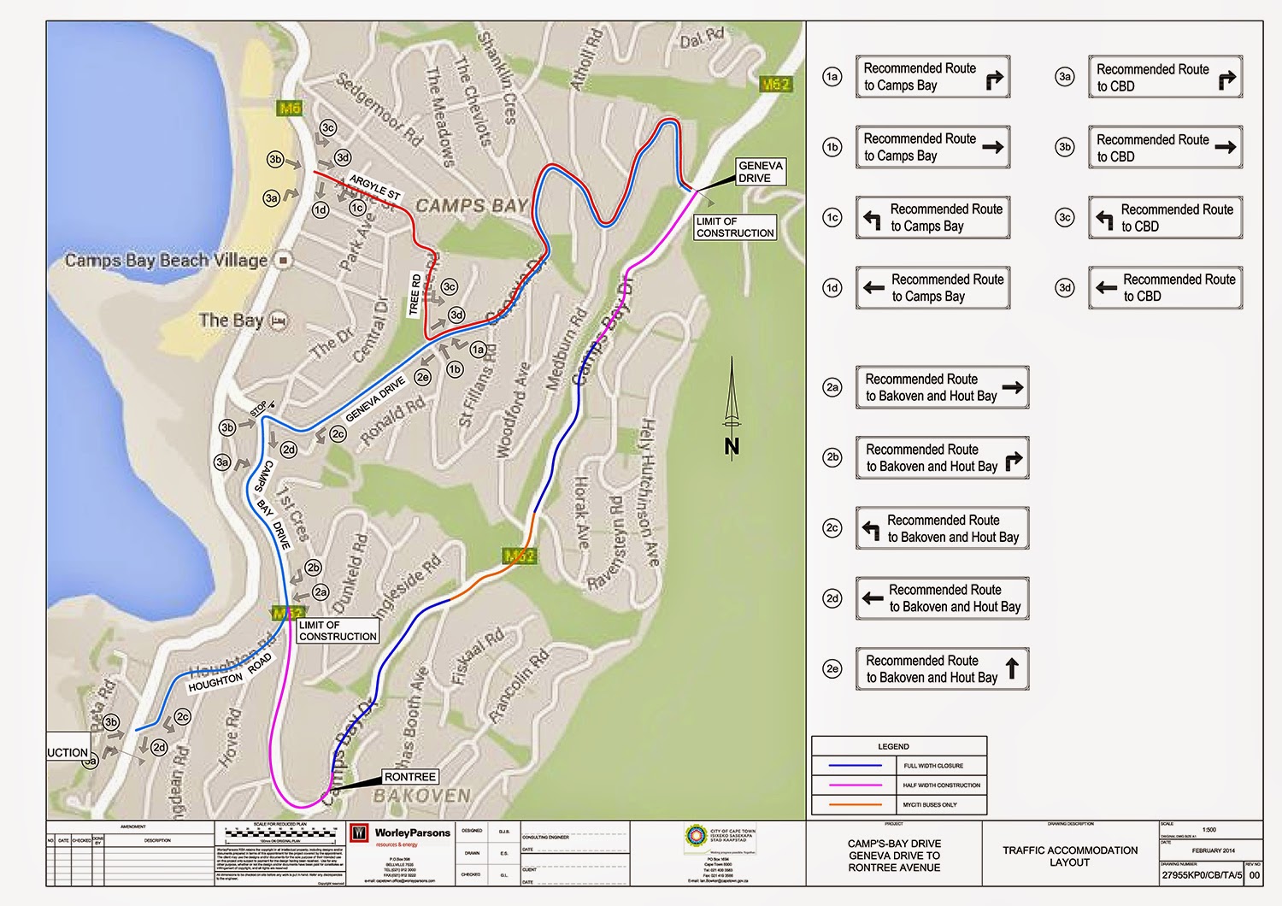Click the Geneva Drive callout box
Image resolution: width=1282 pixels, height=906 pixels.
click(760, 172)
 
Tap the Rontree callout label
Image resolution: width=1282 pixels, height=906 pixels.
click(409, 777)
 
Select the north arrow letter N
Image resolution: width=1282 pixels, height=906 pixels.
click(732, 446)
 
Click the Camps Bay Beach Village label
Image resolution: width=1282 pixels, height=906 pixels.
click(167, 260)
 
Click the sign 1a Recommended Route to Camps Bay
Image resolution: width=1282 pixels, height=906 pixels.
click(932, 77)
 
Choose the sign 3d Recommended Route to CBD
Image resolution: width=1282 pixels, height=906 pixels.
click(1165, 288)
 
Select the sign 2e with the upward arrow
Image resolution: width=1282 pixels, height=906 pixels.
click(942, 668)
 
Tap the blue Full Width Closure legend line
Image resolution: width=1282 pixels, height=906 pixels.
click(850, 766)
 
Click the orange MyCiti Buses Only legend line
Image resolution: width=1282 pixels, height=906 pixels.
click(850, 804)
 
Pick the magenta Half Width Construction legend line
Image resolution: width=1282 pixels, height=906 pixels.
click(850, 785)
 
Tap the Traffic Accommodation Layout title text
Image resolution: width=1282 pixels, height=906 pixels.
click(1069, 856)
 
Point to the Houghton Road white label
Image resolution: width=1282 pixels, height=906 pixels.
click(229, 673)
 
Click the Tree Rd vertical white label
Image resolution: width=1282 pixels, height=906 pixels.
click(415, 294)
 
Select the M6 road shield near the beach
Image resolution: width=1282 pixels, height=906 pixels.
click(290, 109)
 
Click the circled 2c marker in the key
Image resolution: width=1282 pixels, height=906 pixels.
click(832, 528)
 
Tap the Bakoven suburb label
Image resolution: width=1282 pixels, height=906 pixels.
click(422, 796)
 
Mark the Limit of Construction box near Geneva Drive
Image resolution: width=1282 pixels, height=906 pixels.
click(734, 227)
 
